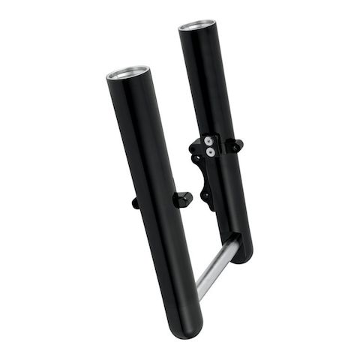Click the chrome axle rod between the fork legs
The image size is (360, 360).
pos(218,262)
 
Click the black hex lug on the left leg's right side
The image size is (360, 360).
pos(182,199)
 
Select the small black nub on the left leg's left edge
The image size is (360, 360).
pos(135,202)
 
